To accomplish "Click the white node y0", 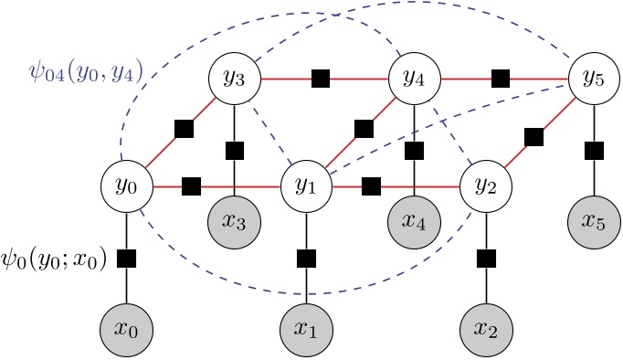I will click(x=126, y=186).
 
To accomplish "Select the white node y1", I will click(x=306, y=186).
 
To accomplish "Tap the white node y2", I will click(x=485, y=186).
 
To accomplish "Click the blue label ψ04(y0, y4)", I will click(x=85, y=71).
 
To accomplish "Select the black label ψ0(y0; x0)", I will click(x=56, y=259).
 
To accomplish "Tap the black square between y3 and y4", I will click(x=320, y=79).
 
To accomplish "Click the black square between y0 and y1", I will click(x=191, y=186).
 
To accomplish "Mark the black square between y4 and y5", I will click(x=500, y=79).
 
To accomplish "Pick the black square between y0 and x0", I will click(x=126, y=259).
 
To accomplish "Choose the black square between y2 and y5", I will click(x=534, y=138).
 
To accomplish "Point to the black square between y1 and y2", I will click(x=371, y=186).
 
